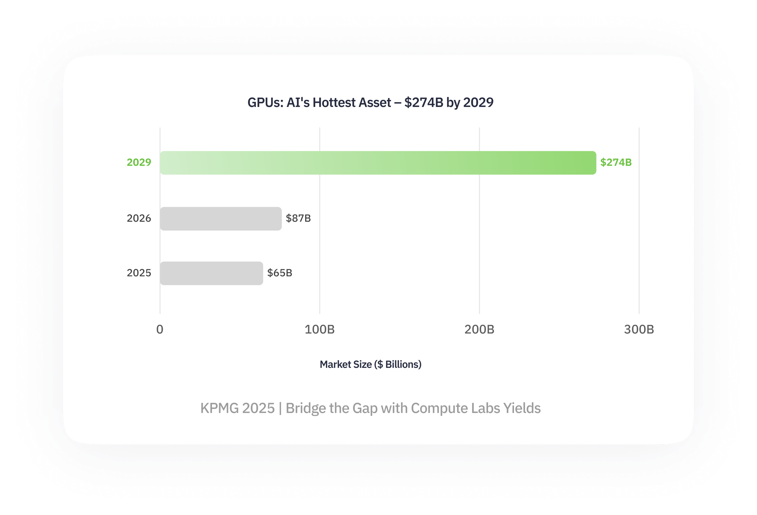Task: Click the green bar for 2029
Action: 378,163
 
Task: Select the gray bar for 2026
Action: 221,219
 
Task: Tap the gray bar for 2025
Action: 211,273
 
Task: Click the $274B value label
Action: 616,162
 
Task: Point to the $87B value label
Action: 298,218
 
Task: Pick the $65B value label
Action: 280,273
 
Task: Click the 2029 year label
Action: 139,162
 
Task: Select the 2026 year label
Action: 139,218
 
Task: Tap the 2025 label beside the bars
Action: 139,273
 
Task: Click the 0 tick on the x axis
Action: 160,329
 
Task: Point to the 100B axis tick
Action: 319,329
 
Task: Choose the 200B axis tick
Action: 479,329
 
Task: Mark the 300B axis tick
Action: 639,329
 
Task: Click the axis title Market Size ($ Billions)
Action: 371,364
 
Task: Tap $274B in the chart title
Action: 424,102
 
